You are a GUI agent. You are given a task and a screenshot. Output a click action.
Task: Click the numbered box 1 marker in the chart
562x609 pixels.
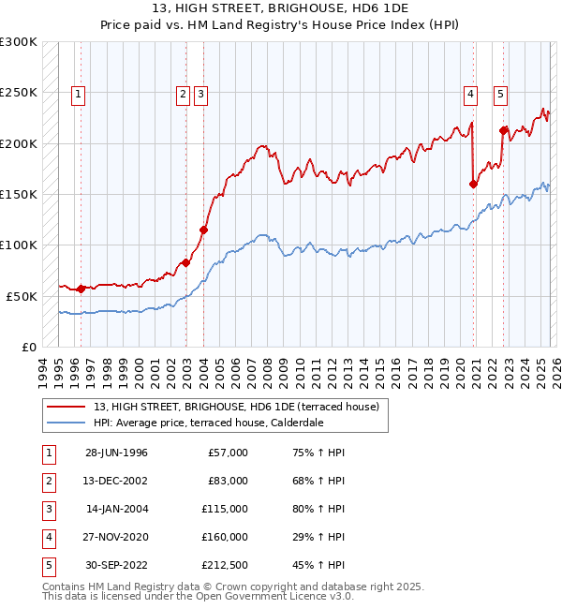[78, 93]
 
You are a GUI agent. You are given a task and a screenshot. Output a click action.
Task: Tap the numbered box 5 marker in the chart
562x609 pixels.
[501, 93]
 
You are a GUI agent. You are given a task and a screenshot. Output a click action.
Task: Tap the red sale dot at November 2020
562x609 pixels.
[473, 184]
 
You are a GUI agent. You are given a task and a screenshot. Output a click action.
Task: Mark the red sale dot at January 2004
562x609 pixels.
[203, 230]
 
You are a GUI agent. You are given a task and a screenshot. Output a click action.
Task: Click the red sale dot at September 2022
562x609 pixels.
[503, 130]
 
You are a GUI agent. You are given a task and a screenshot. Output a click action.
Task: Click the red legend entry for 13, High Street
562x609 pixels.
[235, 407]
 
